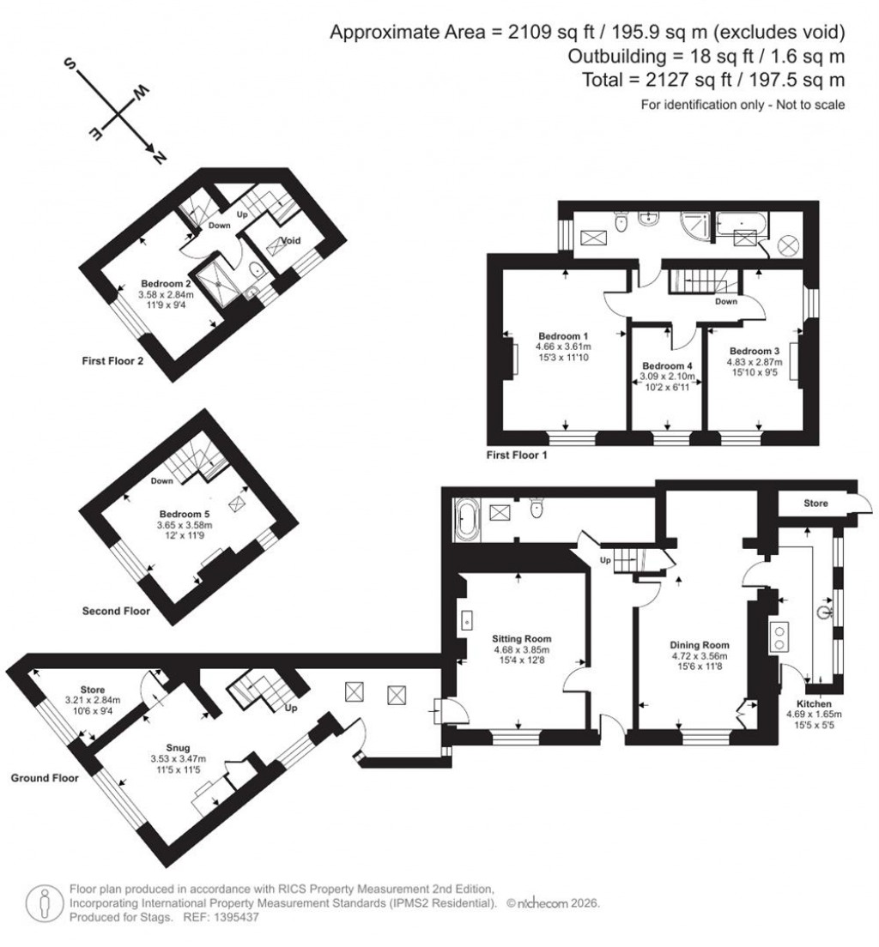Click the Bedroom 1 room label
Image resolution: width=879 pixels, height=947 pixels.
point(563,335)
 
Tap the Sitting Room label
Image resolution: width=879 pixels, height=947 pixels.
point(521,639)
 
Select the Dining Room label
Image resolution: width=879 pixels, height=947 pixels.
point(700,645)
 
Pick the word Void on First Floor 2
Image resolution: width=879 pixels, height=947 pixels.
point(290,241)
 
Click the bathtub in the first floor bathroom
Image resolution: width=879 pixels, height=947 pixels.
point(744,224)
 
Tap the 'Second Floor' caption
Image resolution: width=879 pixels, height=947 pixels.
point(116,612)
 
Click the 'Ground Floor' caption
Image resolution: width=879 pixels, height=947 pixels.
point(45,778)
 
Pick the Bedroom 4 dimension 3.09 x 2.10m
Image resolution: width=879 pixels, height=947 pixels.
point(667,377)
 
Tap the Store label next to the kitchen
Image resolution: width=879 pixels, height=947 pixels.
point(816,504)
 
